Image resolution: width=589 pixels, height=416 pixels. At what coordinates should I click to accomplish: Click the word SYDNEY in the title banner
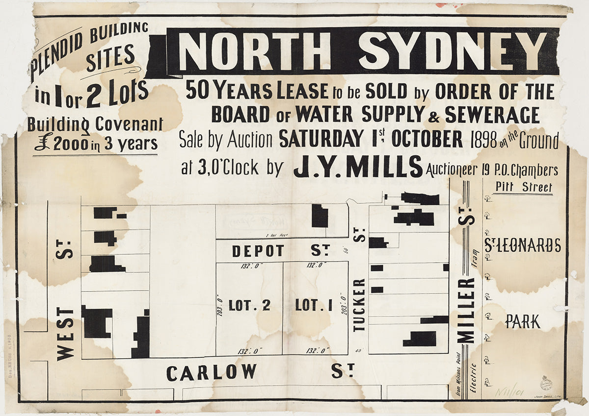(453, 50)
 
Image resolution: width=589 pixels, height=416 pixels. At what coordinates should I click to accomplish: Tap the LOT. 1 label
(314, 306)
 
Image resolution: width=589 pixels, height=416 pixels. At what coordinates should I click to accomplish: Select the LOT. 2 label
(249, 306)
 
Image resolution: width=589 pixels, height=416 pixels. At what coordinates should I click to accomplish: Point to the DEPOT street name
(258, 251)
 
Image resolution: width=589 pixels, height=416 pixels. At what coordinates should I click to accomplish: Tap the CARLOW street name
(211, 372)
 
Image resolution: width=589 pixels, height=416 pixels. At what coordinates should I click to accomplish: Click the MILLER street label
(466, 311)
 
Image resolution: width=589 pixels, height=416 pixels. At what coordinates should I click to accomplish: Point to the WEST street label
(66, 333)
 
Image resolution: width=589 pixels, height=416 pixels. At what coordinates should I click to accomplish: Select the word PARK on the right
(523, 322)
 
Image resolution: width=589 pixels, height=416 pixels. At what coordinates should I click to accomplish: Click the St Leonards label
(522, 245)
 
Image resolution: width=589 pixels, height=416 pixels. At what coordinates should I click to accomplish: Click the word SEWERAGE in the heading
(492, 115)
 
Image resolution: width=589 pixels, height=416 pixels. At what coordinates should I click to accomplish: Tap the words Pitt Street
(524, 187)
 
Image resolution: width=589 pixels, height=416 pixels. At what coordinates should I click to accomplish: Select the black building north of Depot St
(320, 216)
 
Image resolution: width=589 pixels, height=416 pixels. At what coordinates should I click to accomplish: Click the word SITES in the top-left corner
(110, 57)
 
